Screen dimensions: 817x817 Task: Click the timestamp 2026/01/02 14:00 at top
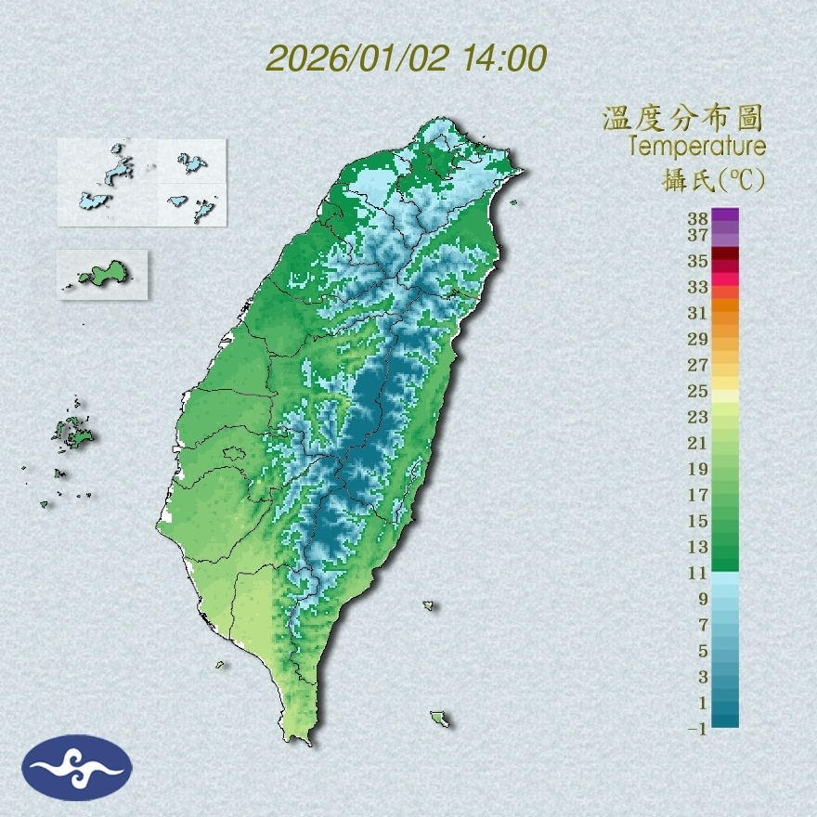(x=406, y=59)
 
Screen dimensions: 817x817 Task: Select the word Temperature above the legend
(x=697, y=146)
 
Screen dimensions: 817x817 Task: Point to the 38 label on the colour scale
(x=698, y=219)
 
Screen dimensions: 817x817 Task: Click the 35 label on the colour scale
(x=698, y=261)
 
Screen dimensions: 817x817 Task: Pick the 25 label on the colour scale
(x=698, y=390)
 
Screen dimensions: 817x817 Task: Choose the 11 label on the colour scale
(x=698, y=573)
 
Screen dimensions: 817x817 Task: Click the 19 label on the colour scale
(x=698, y=468)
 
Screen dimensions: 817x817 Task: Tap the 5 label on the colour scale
(x=703, y=650)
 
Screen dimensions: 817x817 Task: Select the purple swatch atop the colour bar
(x=726, y=215)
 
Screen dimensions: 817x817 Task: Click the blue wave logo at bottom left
(x=78, y=768)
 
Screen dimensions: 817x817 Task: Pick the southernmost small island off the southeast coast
(x=439, y=718)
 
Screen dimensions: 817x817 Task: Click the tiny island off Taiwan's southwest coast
(x=221, y=664)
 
